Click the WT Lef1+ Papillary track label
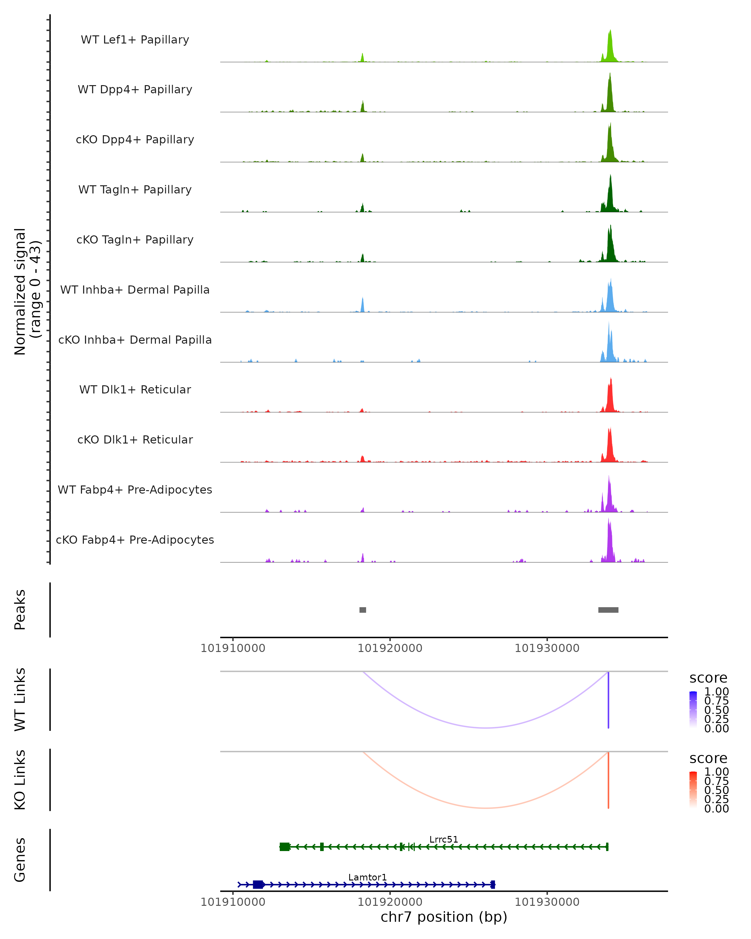(135, 40)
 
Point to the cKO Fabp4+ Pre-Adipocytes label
(135, 540)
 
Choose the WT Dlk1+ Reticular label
(135, 389)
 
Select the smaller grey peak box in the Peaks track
(363, 610)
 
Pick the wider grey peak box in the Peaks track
(608, 610)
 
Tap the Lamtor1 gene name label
(367, 877)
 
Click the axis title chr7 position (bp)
(444, 917)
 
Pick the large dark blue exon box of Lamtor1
(258, 884)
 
